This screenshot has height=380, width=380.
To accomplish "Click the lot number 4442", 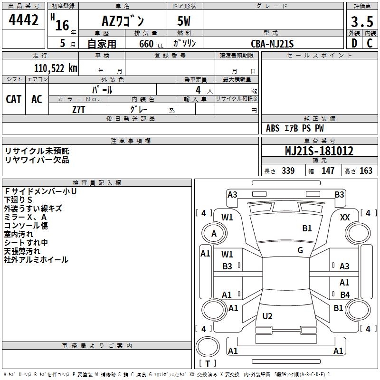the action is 24,21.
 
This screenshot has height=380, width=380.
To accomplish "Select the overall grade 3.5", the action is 361,22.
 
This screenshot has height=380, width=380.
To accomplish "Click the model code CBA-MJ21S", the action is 273,44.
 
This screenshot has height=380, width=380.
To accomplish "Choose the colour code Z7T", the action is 79,109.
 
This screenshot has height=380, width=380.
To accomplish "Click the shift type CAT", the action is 14,99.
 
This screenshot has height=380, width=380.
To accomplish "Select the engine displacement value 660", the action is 146,44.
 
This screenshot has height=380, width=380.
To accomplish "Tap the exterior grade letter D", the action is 354,44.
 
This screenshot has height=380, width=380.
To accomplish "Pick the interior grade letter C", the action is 370,44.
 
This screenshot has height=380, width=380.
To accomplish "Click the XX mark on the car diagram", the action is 345,217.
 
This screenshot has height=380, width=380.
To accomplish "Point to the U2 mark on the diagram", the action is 267,316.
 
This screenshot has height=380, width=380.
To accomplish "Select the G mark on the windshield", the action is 300,250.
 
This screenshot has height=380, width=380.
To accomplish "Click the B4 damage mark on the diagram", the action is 345,295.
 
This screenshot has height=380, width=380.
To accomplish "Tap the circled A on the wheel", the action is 214,234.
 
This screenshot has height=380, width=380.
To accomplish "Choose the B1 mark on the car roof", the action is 307,228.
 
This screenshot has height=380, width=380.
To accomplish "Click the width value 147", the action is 328,171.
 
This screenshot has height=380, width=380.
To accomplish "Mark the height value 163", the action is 366,171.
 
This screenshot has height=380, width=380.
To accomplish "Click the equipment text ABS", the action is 273,128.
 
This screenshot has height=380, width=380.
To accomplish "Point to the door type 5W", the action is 185,22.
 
